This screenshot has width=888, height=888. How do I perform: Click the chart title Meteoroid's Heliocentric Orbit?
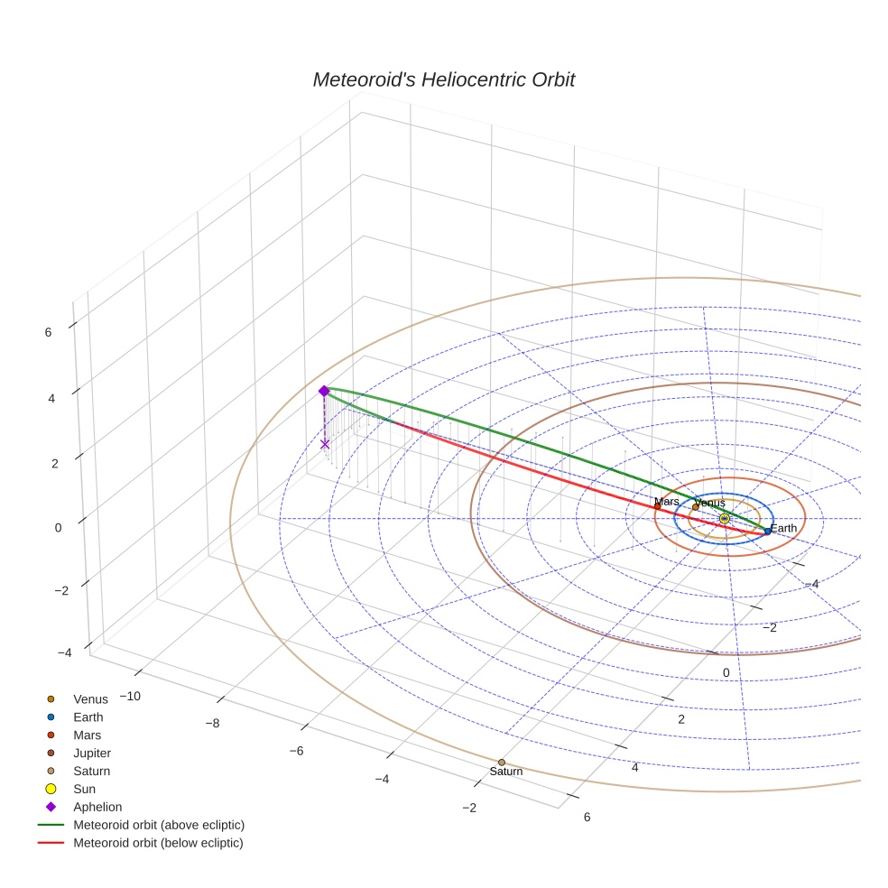click(x=443, y=80)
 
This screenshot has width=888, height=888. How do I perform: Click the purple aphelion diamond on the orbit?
click(x=324, y=391)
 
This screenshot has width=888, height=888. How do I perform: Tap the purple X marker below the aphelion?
click(x=325, y=444)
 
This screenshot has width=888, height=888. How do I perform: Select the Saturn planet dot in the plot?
click(x=502, y=763)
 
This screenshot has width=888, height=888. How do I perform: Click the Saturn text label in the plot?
click(x=505, y=772)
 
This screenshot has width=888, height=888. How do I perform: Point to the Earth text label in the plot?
click(x=783, y=528)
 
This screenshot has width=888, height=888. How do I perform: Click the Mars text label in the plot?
click(x=666, y=502)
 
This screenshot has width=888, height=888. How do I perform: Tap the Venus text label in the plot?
click(x=709, y=503)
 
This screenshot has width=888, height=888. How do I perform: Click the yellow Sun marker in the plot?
click(x=724, y=518)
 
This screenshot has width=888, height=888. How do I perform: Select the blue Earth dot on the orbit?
click(x=768, y=532)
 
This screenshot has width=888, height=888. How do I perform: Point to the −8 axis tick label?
click(x=213, y=723)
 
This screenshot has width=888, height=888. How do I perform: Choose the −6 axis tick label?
click(x=296, y=751)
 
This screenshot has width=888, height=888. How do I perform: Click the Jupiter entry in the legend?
click(x=92, y=754)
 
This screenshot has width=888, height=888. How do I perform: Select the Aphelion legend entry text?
click(x=97, y=808)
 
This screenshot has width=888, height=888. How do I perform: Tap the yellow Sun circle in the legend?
click(x=51, y=790)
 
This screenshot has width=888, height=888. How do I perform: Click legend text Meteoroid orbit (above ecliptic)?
click(x=159, y=826)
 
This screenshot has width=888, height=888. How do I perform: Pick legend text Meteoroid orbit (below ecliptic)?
click(x=158, y=844)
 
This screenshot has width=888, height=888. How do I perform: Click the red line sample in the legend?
click(x=51, y=844)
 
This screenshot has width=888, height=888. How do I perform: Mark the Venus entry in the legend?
click(x=90, y=699)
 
